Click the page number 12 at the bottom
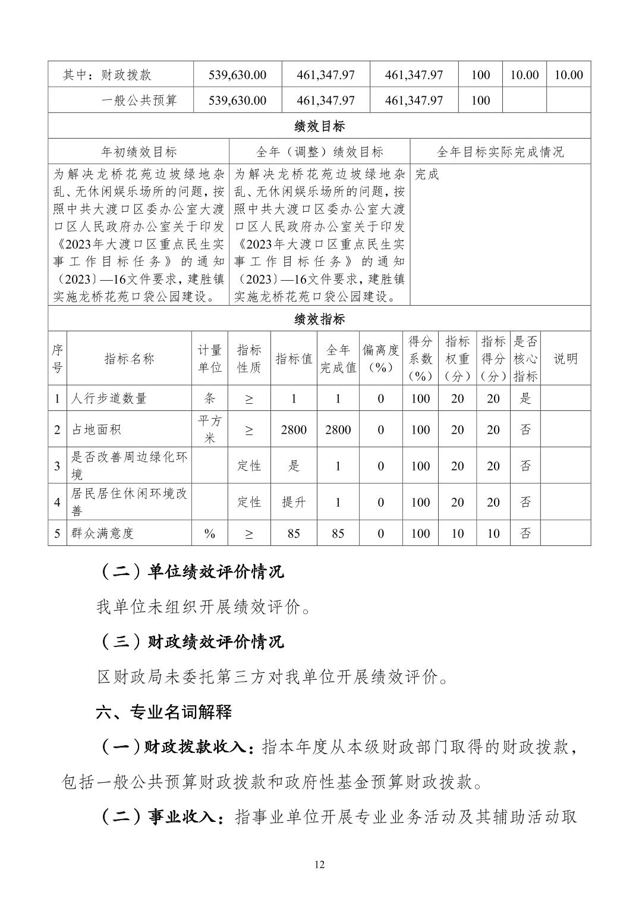click(x=319, y=864)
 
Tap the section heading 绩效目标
click(x=319, y=126)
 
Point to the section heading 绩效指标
click(x=319, y=319)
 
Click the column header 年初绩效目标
click(x=139, y=152)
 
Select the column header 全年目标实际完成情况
click(x=500, y=152)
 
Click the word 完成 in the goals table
click(x=427, y=174)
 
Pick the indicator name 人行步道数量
click(x=109, y=398)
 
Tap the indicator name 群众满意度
click(x=102, y=533)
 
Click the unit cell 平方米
click(x=210, y=429)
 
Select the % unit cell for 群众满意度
click(x=210, y=533)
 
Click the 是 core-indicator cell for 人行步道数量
click(x=525, y=398)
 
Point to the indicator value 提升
click(x=294, y=502)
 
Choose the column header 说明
click(x=565, y=359)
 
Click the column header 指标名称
click(x=129, y=359)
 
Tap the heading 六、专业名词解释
click(x=164, y=712)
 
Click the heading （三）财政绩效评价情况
click(x=190, y=642)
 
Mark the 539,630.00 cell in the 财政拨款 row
click(x=237, y=75)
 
